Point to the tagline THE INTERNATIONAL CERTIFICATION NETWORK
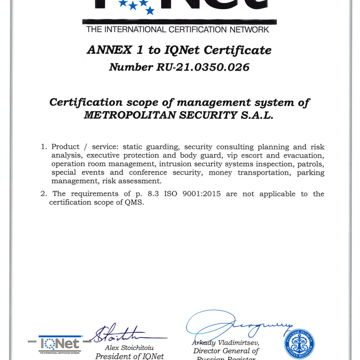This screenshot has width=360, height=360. [x=177, y=30]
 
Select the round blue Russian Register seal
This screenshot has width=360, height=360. [x=299, y=343]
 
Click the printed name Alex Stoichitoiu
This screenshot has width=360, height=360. [x=132, y=347]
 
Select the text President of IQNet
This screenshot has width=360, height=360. [x=130, y=356]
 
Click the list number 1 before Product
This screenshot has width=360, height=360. [x=44, y=147]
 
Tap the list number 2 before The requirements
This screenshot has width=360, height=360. [x=44, y=194]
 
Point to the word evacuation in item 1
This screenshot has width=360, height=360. [x=304, y=156]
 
